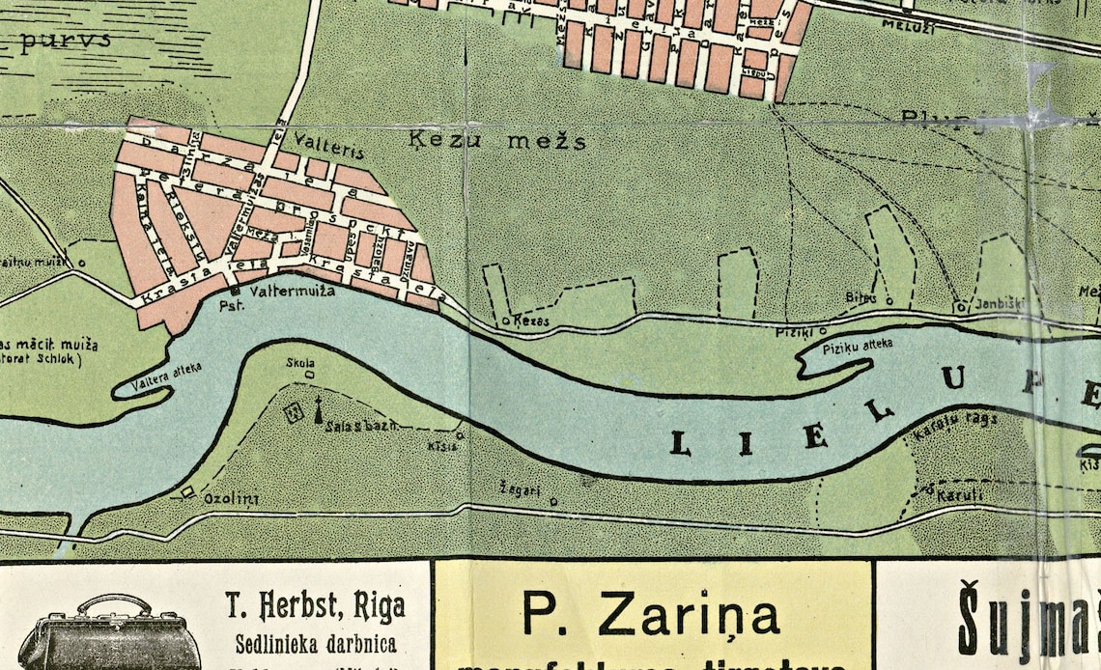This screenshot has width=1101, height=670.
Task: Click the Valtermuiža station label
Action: [292, 290]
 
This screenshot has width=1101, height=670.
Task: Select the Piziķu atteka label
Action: [859, 343]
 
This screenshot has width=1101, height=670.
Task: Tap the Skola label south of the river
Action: [300, 363]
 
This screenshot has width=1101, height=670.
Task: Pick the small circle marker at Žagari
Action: [553, 501]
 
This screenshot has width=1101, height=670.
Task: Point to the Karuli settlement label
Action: [959, 495]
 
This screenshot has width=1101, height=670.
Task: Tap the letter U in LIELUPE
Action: [953, 379]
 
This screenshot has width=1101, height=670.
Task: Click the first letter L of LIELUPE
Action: [680, 443]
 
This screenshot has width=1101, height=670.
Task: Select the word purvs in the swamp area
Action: [65, 41]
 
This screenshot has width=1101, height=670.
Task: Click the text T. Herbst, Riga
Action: [315, 607]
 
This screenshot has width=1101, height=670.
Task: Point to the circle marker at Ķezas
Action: [506, 321]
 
